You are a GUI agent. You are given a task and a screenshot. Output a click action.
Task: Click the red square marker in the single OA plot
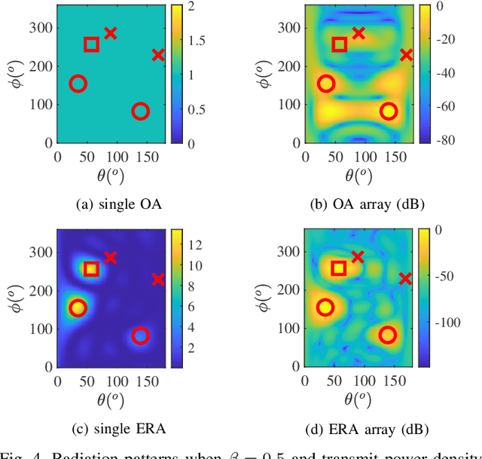[91, 44]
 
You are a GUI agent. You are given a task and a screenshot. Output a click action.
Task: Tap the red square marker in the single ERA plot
[91, 269]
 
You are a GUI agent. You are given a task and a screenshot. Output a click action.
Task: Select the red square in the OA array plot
[339, 44]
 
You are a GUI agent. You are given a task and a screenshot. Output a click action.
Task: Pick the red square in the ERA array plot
[339, 268]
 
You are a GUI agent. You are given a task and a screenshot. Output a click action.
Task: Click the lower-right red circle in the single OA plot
[140, 112]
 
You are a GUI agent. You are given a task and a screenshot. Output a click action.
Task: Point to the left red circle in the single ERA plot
[78, 308]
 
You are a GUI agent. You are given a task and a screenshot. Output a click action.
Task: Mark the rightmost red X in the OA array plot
[406, 55]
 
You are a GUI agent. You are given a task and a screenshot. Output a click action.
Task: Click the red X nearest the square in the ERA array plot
[358, 258]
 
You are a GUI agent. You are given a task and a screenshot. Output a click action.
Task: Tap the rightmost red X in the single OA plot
[158, 55]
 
